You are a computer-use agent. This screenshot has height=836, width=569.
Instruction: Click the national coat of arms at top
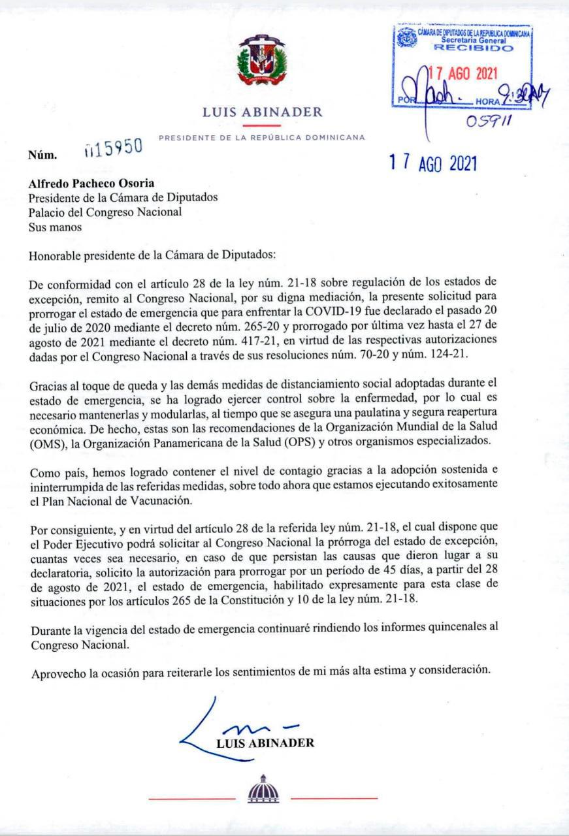(261, 63)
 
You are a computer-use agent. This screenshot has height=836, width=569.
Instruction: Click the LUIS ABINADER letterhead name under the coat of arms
(263, 112)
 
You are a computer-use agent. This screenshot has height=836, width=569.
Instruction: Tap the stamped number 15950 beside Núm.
(114, 148)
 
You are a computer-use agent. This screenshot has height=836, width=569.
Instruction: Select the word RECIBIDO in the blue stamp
(464, 48)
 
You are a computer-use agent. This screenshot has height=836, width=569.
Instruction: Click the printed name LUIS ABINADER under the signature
(265, 743)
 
